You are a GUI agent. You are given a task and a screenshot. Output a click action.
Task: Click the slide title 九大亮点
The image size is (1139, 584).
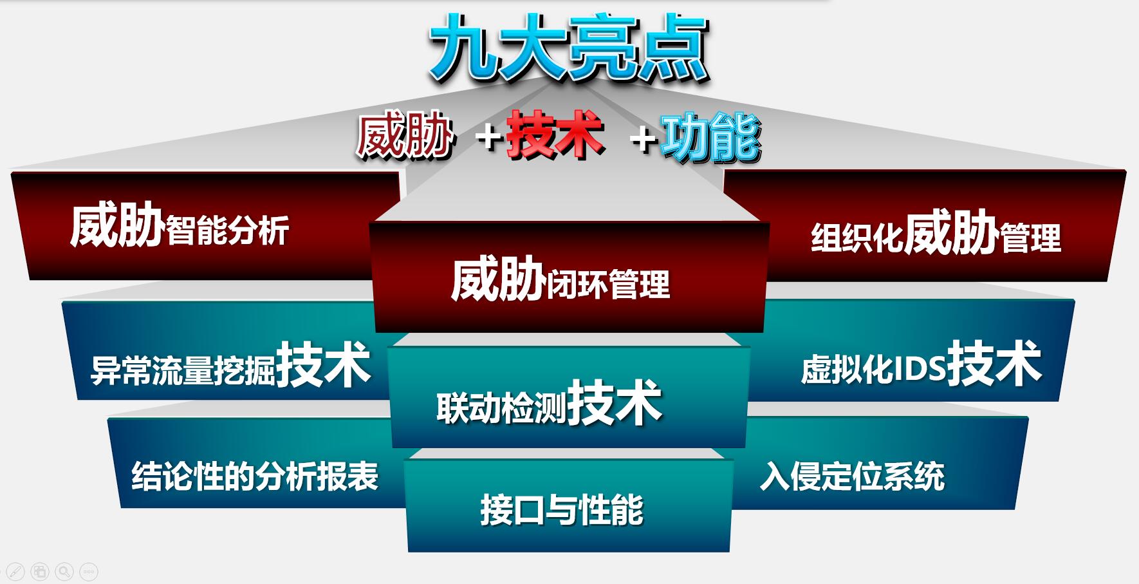click(x=569, y=48)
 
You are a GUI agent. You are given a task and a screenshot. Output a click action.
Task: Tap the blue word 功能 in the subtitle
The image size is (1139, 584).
click(x=711, y=138)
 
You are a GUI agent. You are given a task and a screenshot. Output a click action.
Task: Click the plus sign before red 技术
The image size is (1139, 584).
click(x=490, y=138)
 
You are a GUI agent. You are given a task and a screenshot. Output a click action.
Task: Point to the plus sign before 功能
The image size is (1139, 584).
click(x=643, y=139)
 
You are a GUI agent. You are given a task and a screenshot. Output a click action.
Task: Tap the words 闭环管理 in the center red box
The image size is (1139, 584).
click(x=608, y=284)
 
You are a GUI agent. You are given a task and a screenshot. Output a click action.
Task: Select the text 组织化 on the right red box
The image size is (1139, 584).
click(x=857, y=238)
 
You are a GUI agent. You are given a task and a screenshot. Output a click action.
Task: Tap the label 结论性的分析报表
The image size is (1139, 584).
click(x=255, y=476)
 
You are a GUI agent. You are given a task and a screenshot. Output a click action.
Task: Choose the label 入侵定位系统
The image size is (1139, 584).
click(x=852, y=476)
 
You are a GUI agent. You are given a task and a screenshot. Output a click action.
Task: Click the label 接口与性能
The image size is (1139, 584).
click(x=562, y=509)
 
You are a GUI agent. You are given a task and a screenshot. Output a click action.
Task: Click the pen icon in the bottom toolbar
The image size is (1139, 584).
click(x=15, y=571)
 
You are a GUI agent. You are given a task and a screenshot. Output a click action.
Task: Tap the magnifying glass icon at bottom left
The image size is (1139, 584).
click(x=64, y=571)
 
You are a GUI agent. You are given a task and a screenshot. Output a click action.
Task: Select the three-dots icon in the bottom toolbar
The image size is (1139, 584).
click(x=89, y=571)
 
